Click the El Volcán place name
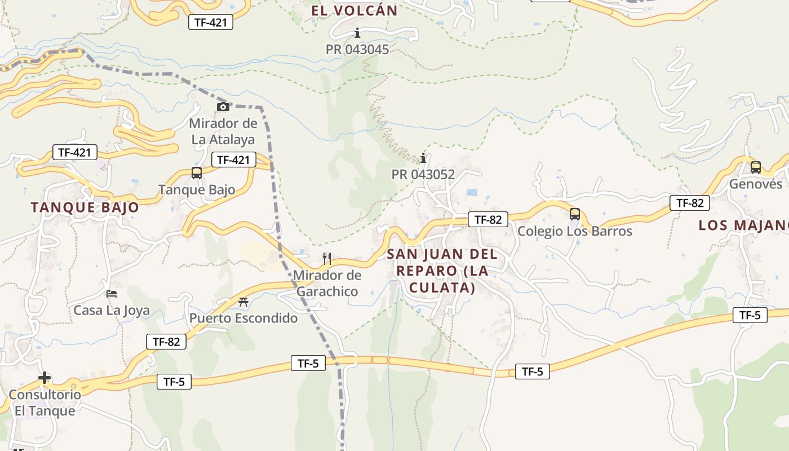(x=354, y=10)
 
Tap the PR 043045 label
(x=357, y=50)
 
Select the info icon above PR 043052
(x=423, y=158)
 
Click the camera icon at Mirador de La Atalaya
(x=223, y=107)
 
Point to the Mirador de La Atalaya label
(x=223, y=131)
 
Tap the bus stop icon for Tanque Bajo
(x=197, y=173)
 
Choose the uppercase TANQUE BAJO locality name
(x=85, y=207)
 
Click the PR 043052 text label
(x=423, y=175)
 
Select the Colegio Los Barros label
(x=575, y=231)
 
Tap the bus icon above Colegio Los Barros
(x=575, y=214)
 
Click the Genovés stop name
(x=756, y=184)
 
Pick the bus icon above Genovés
(x=756, y=167)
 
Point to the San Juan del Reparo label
(x=442, y=271)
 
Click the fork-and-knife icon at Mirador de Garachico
(x=327, y=259)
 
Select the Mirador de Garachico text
(x=327, y=284)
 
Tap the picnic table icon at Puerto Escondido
(x=243, y=302)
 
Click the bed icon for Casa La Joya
(x=112, y=294)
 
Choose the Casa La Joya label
(x=112, y=310)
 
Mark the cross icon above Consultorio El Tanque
(x=45, y=378)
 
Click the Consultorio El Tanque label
(x=45, y=403)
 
